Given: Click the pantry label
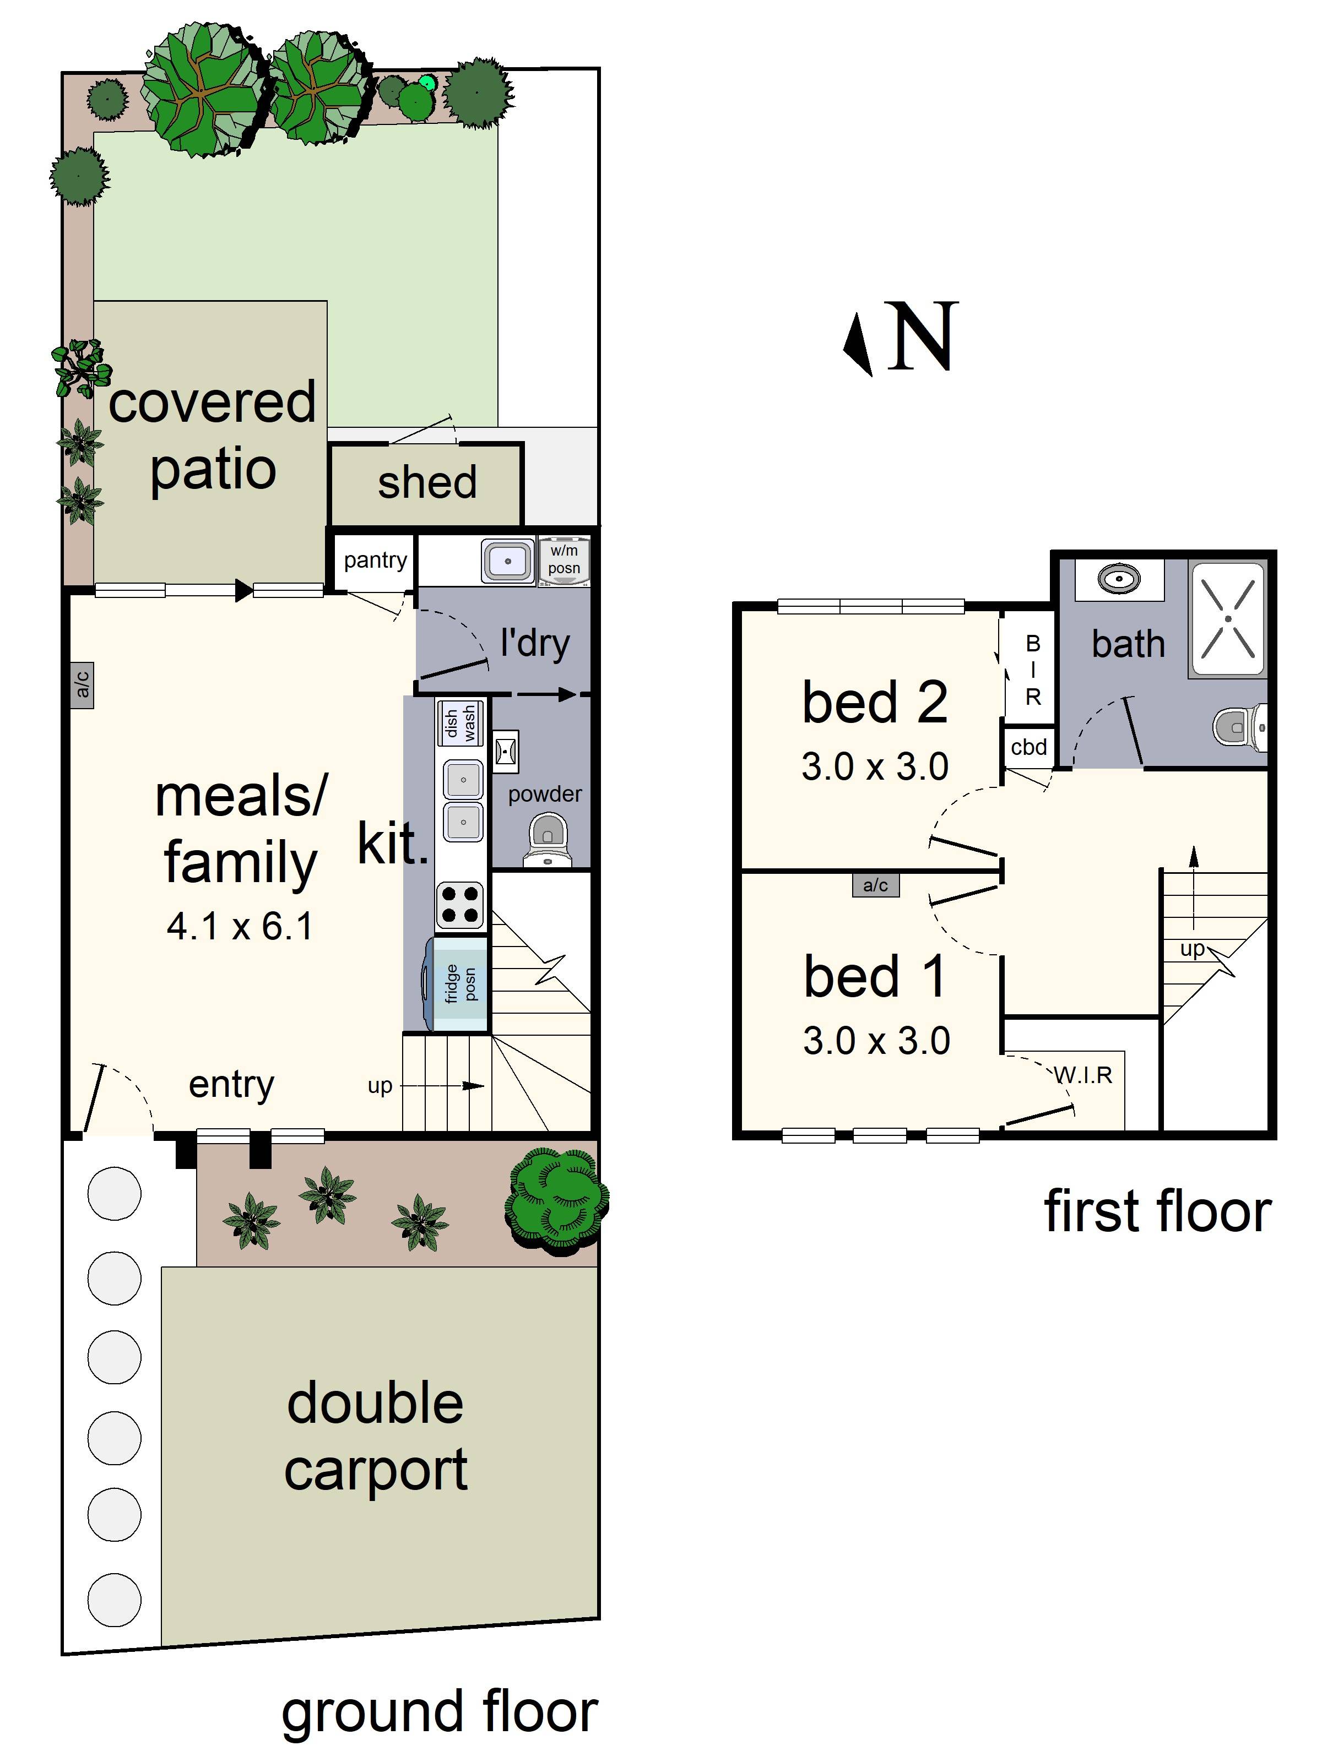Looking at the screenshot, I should (x=375, y=560).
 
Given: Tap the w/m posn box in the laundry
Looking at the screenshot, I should (x=564, y=560).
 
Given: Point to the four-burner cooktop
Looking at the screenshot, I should (x=460, y=905).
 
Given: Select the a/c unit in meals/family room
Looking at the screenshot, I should (x=82, y=684).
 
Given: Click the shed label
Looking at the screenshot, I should (x=427, y=483).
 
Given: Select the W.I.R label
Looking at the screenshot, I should (x=1082, y=1075).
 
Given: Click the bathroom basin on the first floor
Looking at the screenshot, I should (x=1119, y=578).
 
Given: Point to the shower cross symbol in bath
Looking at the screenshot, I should (x=1227, y=619).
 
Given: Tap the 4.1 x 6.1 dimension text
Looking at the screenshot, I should (x=240, y=926).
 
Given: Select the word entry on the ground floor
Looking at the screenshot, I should (x=231, y=1084).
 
